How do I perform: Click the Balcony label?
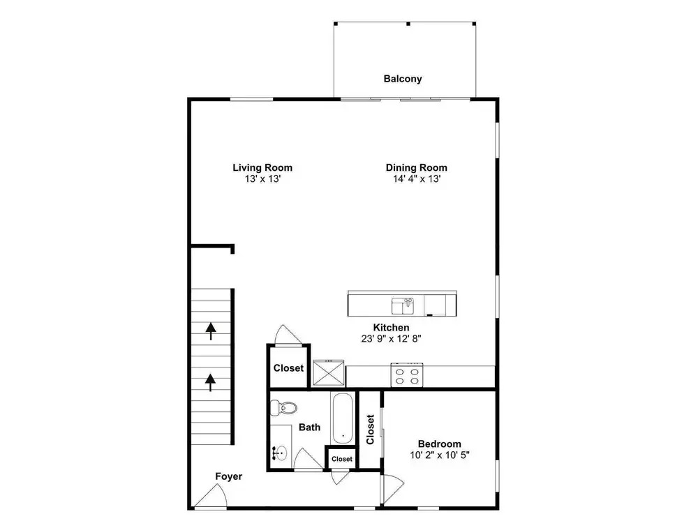pos(403,79)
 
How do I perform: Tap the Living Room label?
pos(262,167)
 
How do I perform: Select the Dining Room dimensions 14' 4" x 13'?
pos(416,179)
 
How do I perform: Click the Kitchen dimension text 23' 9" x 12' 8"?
pos(391,338)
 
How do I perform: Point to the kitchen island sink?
pos(403,306)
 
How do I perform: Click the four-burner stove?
pos(406,375)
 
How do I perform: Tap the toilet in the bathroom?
pos(283,407)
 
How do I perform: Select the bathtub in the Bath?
pos(343,418)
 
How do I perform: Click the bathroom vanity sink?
pos(280,454)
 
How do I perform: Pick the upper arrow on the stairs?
pos(211,331)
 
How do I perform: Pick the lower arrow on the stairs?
pos(210,382)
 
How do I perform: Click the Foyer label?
pos(229,476)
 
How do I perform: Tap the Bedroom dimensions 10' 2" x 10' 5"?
pos(439,455)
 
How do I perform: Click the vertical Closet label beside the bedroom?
pos(370,429)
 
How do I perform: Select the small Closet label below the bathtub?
pos(342,459)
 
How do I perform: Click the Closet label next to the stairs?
pos(288,368)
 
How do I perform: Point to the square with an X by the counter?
pos(329,372)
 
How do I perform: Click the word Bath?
pos(309,427)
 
